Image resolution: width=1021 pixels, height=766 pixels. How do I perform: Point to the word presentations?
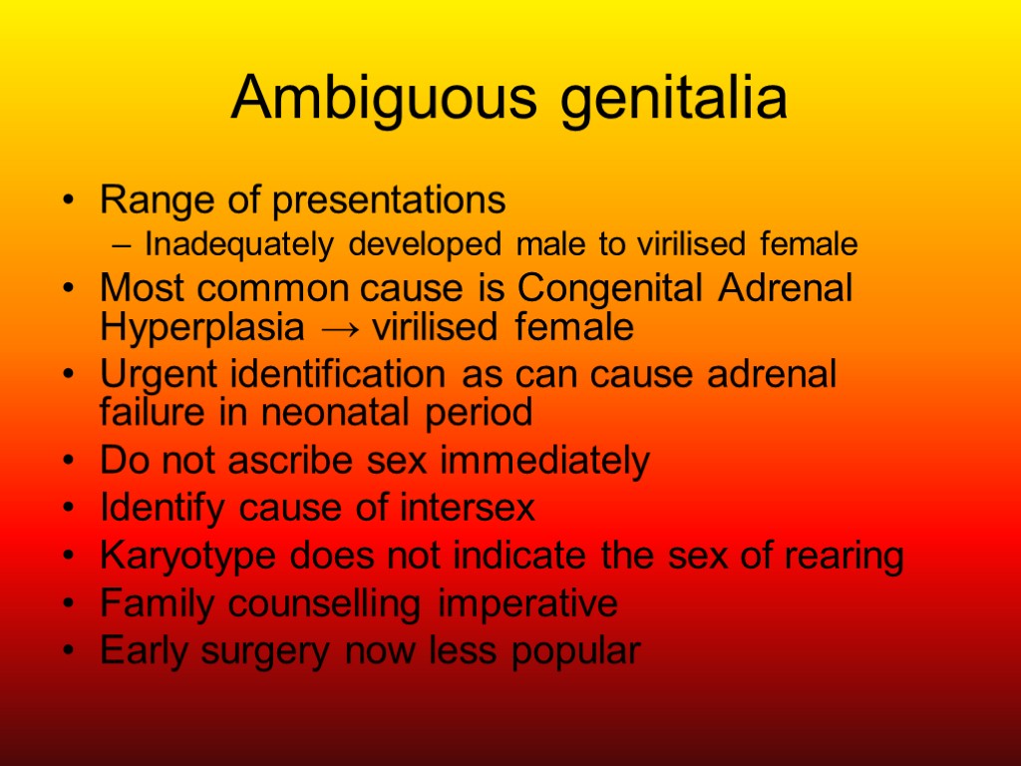[x=390, y=200]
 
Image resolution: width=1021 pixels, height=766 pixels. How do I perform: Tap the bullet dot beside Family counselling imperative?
[x=67, y=604]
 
